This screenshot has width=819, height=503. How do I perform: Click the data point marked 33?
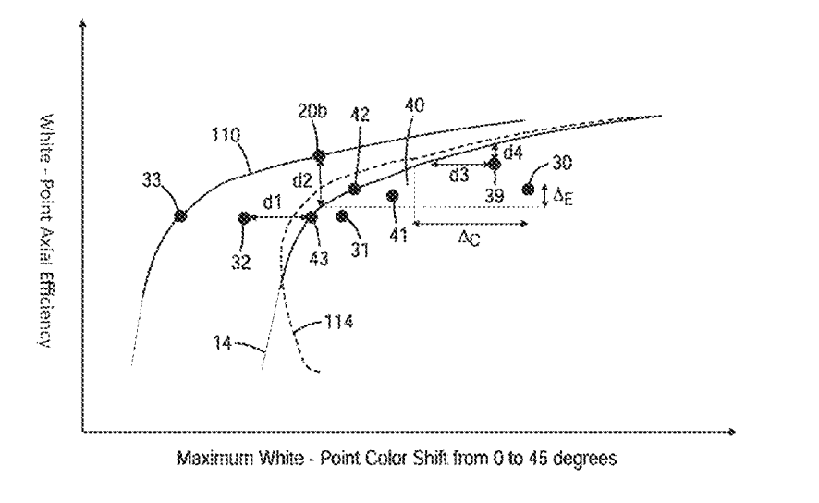[x=180, y=215]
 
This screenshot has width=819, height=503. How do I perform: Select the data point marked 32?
[x=243, y=217]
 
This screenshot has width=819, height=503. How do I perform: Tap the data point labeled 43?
[x=312, y=217]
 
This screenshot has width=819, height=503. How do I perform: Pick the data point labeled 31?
[x=342, y=215]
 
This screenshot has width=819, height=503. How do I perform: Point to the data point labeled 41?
[x=393, y=195]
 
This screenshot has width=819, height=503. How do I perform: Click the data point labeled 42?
[x=354, y=189]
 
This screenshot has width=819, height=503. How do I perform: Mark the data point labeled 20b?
[x=319, y=156]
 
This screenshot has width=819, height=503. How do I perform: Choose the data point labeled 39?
[x=494, y=164]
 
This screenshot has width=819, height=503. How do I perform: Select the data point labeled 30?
[x=528, y=190]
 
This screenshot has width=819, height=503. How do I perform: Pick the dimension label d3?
[x=458, y=176]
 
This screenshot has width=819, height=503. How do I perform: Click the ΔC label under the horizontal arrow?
[x=470, y=239]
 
